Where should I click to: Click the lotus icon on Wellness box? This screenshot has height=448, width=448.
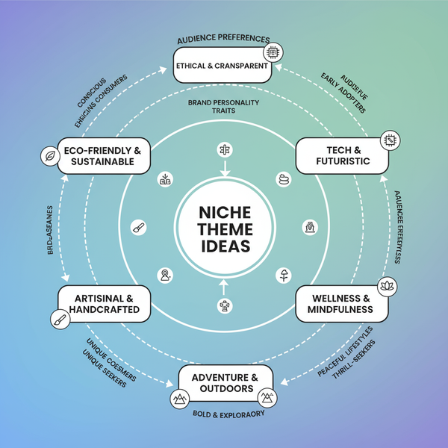click(387, 285)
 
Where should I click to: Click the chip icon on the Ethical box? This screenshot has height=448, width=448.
click(273, 53)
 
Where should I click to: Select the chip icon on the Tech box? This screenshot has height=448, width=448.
click(388, 140)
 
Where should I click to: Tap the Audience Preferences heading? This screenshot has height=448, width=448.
click(223, 39)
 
